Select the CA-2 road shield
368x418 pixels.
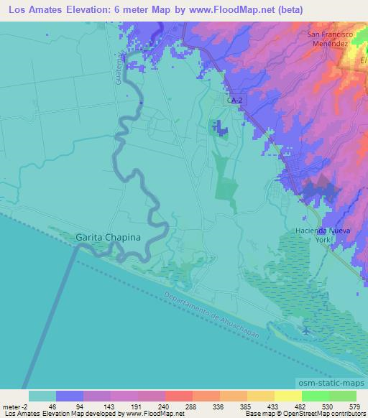[x=234, y=101]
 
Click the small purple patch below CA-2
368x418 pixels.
[x=217, y=128]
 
